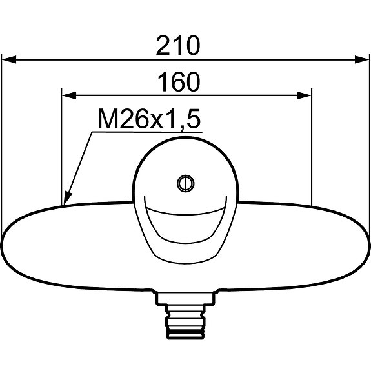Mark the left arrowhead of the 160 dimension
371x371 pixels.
click(x=68, y=95)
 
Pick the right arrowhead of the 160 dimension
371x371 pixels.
click(x=305, y=95)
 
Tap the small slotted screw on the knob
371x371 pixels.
click(x=185, y=183)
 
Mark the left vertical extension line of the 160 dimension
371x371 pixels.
click(x=61, y=148)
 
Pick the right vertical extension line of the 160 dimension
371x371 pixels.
click(x=312, y=148)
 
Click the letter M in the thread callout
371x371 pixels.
click(x=106, y=119)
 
